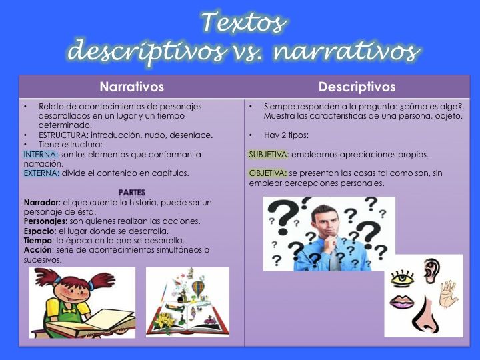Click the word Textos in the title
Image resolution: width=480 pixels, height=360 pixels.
point(244,21)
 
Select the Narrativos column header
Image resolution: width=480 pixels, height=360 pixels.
point(131,87)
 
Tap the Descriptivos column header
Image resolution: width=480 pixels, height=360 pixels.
point(357,87)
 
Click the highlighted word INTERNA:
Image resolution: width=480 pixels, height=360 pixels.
point(41,154)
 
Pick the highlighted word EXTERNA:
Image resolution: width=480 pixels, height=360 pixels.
point(41,173)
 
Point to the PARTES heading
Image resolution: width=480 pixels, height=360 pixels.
point(132,192)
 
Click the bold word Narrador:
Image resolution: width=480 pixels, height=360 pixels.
point(42,202)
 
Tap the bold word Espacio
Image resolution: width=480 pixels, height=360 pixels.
point(39,231)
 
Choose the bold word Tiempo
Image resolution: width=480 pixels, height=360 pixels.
point(37,240)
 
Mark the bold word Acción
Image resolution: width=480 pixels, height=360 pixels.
point(37,250)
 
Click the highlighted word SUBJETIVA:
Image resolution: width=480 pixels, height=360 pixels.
point(269,155)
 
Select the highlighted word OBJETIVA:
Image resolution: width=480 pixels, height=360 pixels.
point(268,173)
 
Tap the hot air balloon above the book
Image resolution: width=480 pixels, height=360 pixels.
point(198,288)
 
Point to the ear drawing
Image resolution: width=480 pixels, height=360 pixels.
point(432,269)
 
